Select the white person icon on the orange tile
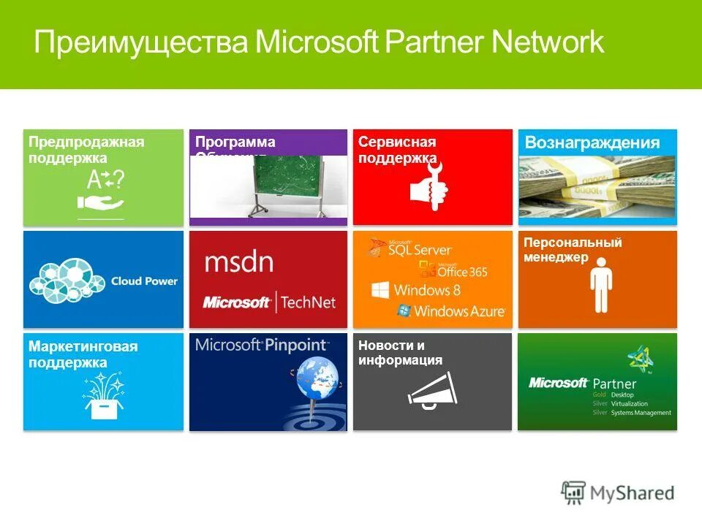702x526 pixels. tap(600, 285)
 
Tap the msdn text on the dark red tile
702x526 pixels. tap(238, 262)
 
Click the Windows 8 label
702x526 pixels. tap(427, 289)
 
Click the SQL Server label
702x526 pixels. tap(420, 250)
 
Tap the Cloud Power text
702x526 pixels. tap(144, 281)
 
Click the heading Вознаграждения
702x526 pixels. tap(592, 142)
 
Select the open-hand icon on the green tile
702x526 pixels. tap(100, 203)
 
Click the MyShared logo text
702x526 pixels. tap(632, 493)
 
